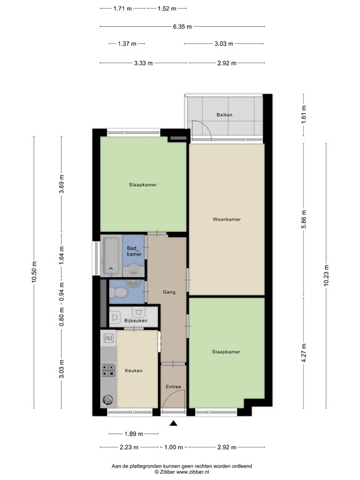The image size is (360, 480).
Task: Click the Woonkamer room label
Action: (x=226, y=219)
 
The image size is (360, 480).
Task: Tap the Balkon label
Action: (x=224, y=115)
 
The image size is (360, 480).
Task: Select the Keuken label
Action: (x=134, y=371)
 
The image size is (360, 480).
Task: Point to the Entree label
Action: (x=173, y=387)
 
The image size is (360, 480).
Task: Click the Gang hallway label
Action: (x=169, y=292)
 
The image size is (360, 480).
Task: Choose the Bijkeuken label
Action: (x=136, y=321)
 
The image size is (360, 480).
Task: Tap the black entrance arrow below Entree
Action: (x=174, y=424)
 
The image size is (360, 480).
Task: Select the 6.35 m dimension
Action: (x=182, y=26)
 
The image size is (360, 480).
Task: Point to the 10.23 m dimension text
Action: (x=326, y=274)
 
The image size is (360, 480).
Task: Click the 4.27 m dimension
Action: (x=303, y=352)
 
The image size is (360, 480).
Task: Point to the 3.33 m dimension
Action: (x=142, y=63)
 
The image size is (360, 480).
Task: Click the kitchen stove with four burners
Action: (x=108, y=371)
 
